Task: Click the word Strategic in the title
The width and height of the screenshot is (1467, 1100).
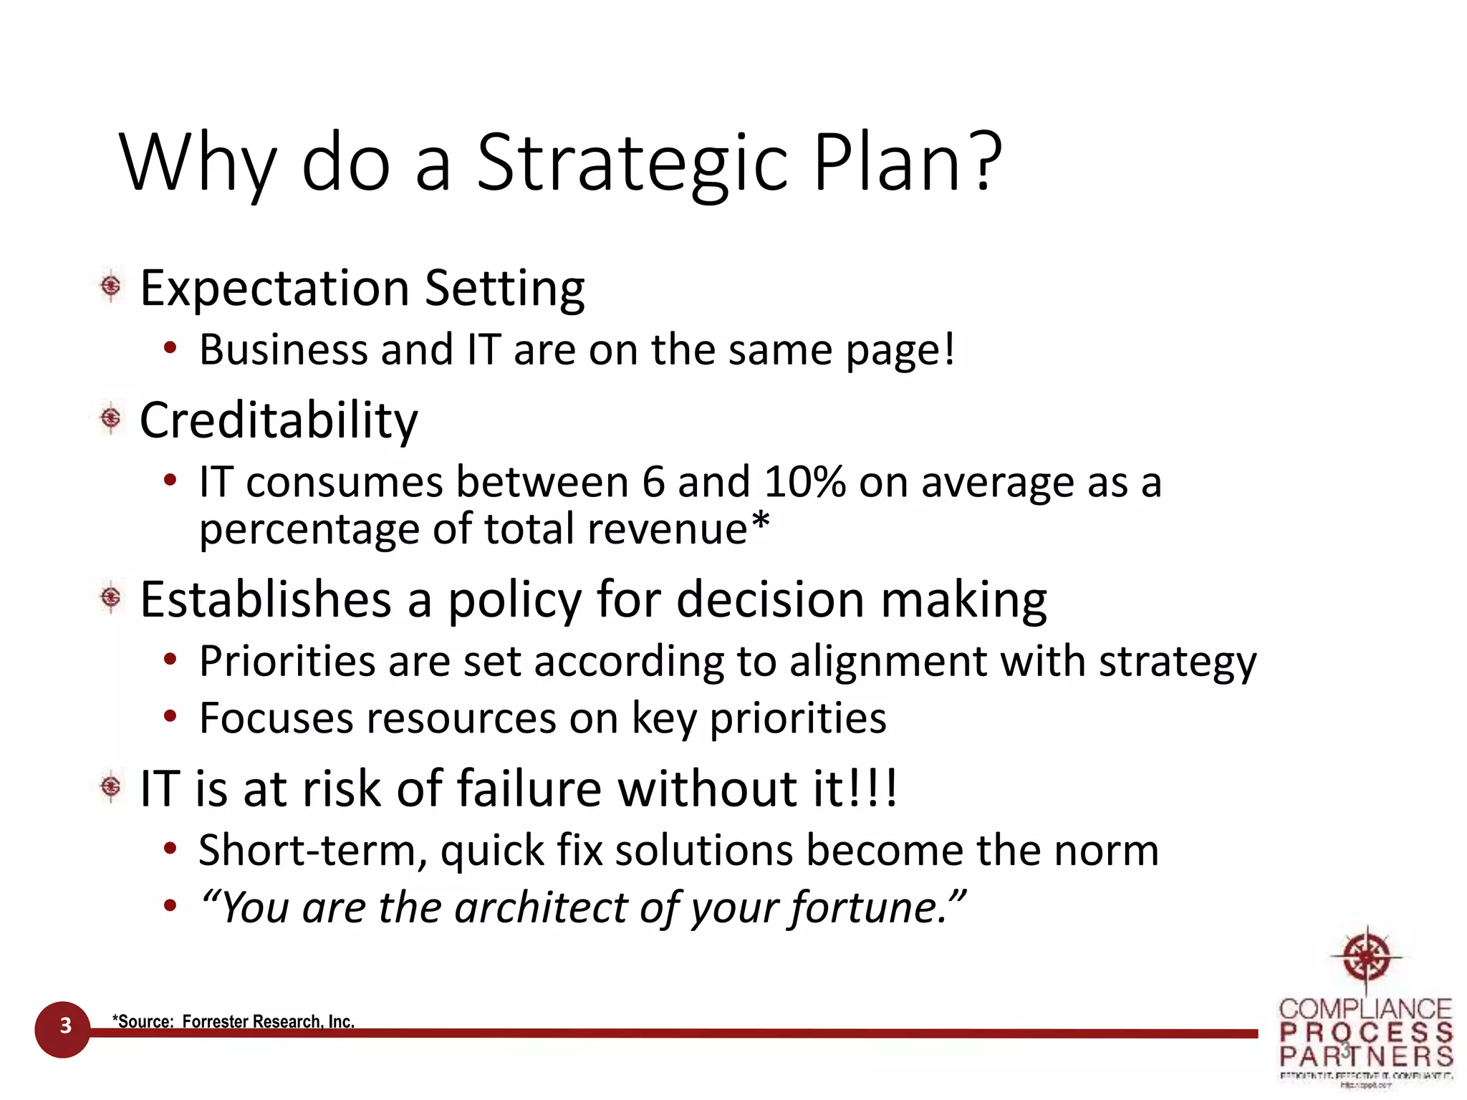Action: pos(632,163)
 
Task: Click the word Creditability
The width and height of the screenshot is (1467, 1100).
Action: pos(278,420)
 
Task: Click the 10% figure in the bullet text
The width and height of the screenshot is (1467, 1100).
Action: pos(804,482)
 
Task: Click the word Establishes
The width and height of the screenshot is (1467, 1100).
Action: pos(265,599)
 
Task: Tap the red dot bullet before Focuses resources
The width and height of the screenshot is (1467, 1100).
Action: pos(170,716)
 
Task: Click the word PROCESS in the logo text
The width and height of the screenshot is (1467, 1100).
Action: pos(1366,1033)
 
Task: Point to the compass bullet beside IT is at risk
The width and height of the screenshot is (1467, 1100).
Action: pos(111,787)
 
